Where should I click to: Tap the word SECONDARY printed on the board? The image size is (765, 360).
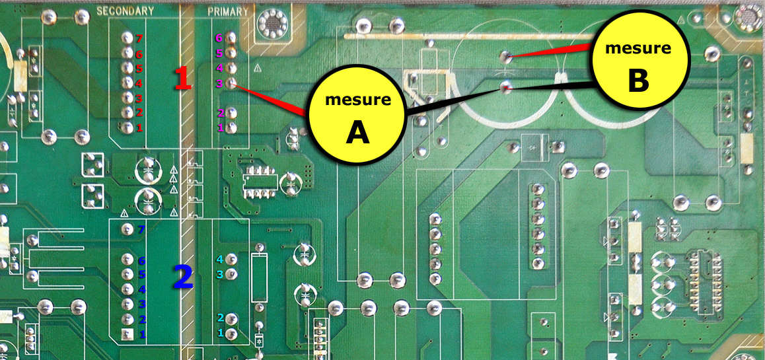click(125, 11)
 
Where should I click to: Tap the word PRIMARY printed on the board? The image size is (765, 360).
click(228, 11)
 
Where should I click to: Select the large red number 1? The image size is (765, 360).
click(182, 79)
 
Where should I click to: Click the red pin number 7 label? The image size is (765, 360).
click(139, 38)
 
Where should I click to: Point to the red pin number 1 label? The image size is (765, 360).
click(139, 127)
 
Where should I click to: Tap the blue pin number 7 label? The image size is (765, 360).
click(141, 230)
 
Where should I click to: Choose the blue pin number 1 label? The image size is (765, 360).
click(141, 334)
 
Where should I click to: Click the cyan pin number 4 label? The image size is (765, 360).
click(220, 260)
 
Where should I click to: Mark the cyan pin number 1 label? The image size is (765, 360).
click(221, 334)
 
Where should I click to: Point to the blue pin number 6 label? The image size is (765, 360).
click(141, 261)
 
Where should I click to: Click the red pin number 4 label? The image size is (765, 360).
click(139, 83)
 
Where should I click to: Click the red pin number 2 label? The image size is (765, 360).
click(139, 112)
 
